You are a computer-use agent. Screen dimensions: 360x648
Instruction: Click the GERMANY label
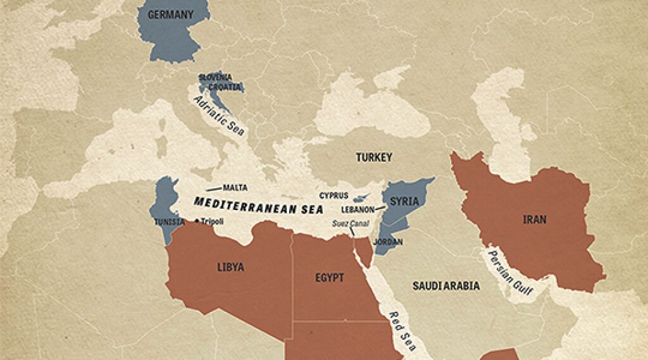(x=169, y=14)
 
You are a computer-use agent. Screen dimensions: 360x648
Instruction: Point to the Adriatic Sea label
(x=219, y=116)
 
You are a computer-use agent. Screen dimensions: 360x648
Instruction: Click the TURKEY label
(x=373, y=157)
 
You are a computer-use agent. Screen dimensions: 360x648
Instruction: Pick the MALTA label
(x=235, y=188)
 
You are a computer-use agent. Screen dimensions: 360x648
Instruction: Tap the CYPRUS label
(x=333, y=196)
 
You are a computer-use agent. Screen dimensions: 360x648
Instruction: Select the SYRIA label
(x=404, y=201)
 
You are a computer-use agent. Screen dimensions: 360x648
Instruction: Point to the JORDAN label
(x=387, y=242)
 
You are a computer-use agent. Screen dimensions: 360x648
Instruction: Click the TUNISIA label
(x=169, y=221)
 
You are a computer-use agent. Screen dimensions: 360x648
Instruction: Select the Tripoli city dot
(x=197, y=221)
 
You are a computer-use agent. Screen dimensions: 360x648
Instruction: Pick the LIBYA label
(x=230, y=268)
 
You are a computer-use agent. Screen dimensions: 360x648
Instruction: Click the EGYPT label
(x=329, y=278)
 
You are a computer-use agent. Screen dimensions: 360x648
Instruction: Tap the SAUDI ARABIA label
(x=445, y=286)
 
